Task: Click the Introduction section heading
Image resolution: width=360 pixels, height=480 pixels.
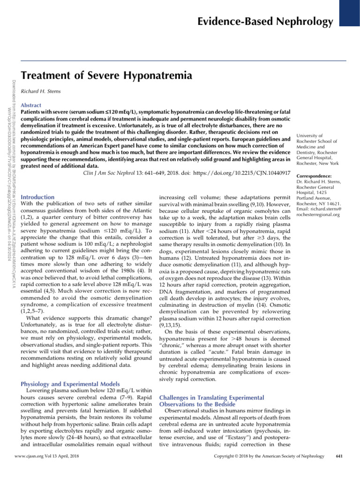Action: (38, 197)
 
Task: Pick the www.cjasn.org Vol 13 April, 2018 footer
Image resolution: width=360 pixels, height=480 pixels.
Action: (46, 468)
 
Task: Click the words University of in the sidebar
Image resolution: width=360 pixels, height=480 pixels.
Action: (306, 135)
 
